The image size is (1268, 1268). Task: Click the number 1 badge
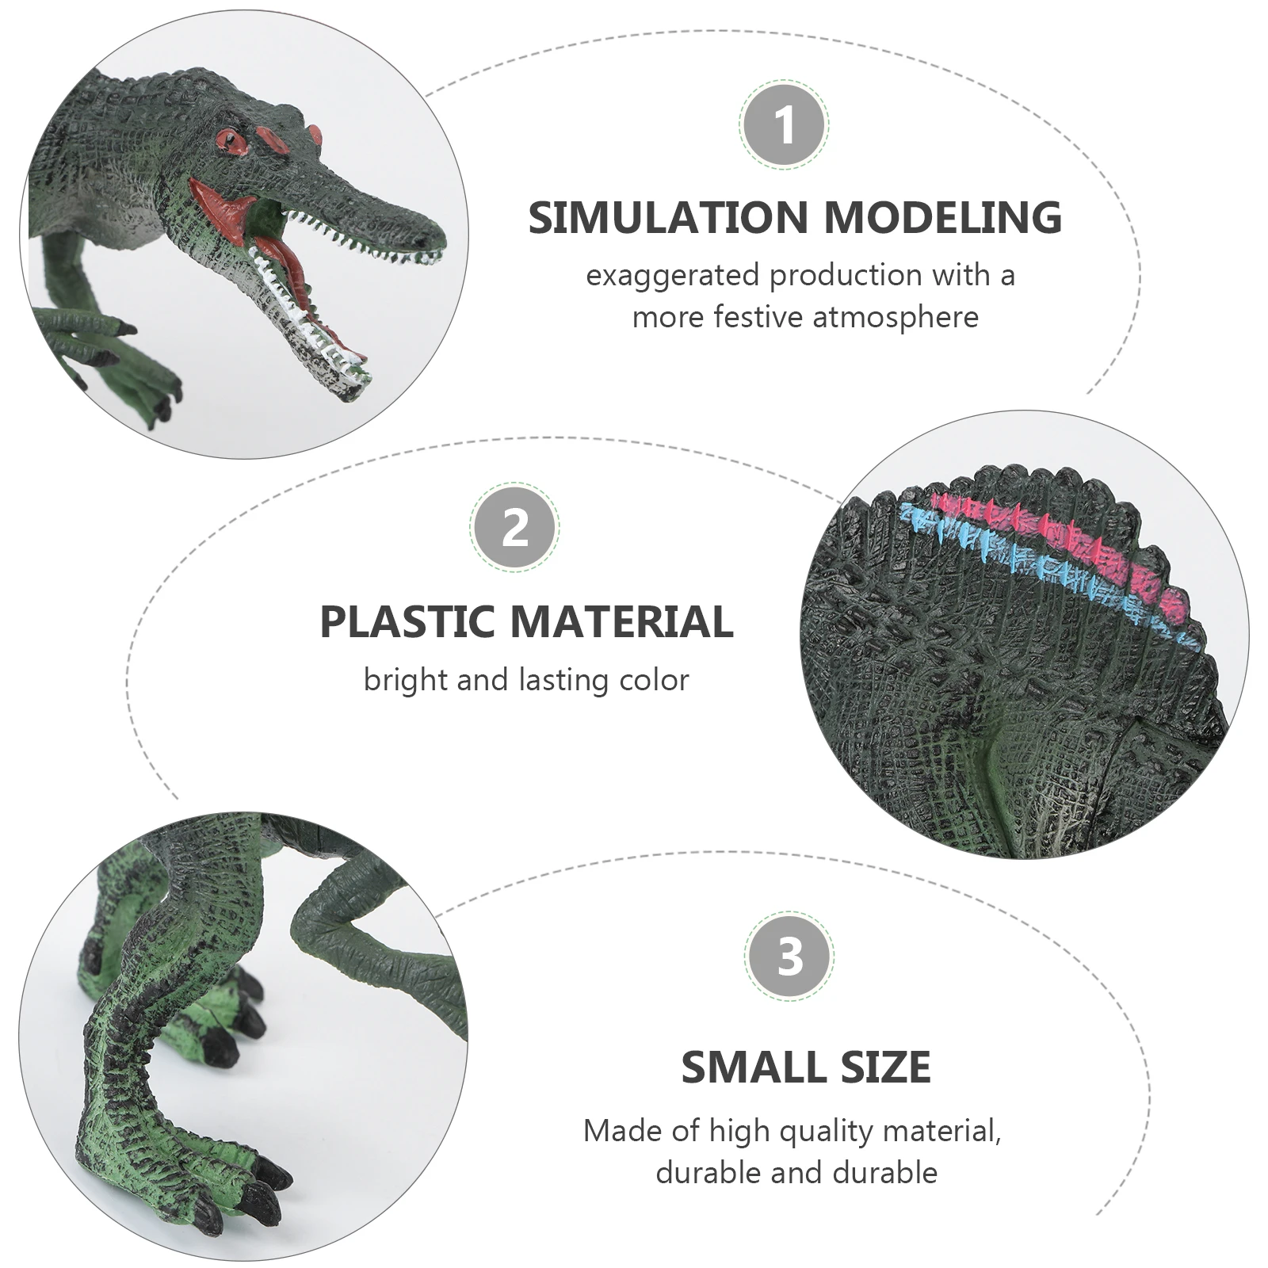coord(784,124)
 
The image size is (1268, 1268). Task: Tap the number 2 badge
coord(514,525)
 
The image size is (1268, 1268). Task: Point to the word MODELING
coord(942,218)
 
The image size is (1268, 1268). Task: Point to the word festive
coord(758,317)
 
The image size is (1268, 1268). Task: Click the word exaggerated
coord(673,276)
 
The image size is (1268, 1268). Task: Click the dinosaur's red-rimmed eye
coord(234,140)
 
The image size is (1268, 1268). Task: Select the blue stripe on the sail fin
coord(1030,555)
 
